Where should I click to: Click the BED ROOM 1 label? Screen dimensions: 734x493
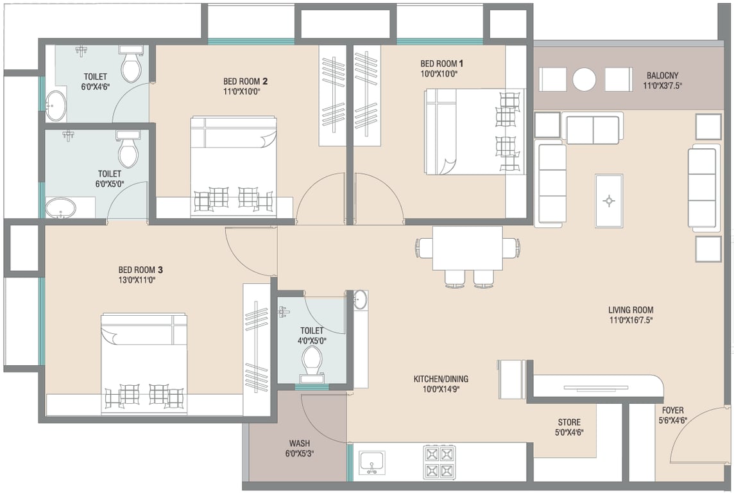coord(442,63)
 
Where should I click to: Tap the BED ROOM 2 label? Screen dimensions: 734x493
coord(245,82)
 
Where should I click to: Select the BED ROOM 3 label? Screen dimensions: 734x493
coord(141,270)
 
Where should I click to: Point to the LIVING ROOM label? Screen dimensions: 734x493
coord(631,309)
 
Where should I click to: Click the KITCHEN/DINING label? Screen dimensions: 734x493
coord(441,379)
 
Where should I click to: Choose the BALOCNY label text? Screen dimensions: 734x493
coord(662,75)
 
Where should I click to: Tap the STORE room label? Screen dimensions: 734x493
coord(569,422)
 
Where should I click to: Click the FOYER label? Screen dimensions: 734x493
coord(672,410)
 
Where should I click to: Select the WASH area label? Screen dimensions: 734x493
coord(299,443)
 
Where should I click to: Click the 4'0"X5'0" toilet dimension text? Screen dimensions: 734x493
coord(312,341)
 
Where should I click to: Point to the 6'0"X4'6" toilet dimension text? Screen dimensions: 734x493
coord(95,86)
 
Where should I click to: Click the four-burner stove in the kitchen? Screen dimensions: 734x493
coord(439,461)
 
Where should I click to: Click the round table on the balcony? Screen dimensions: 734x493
coord(585,79)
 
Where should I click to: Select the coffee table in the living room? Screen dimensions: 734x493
coord(608,201)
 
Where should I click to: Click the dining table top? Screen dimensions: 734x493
coord(467,248)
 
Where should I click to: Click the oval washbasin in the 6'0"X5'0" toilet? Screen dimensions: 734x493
coord(60,207)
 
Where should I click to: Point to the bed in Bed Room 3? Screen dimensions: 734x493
coord(144,364)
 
